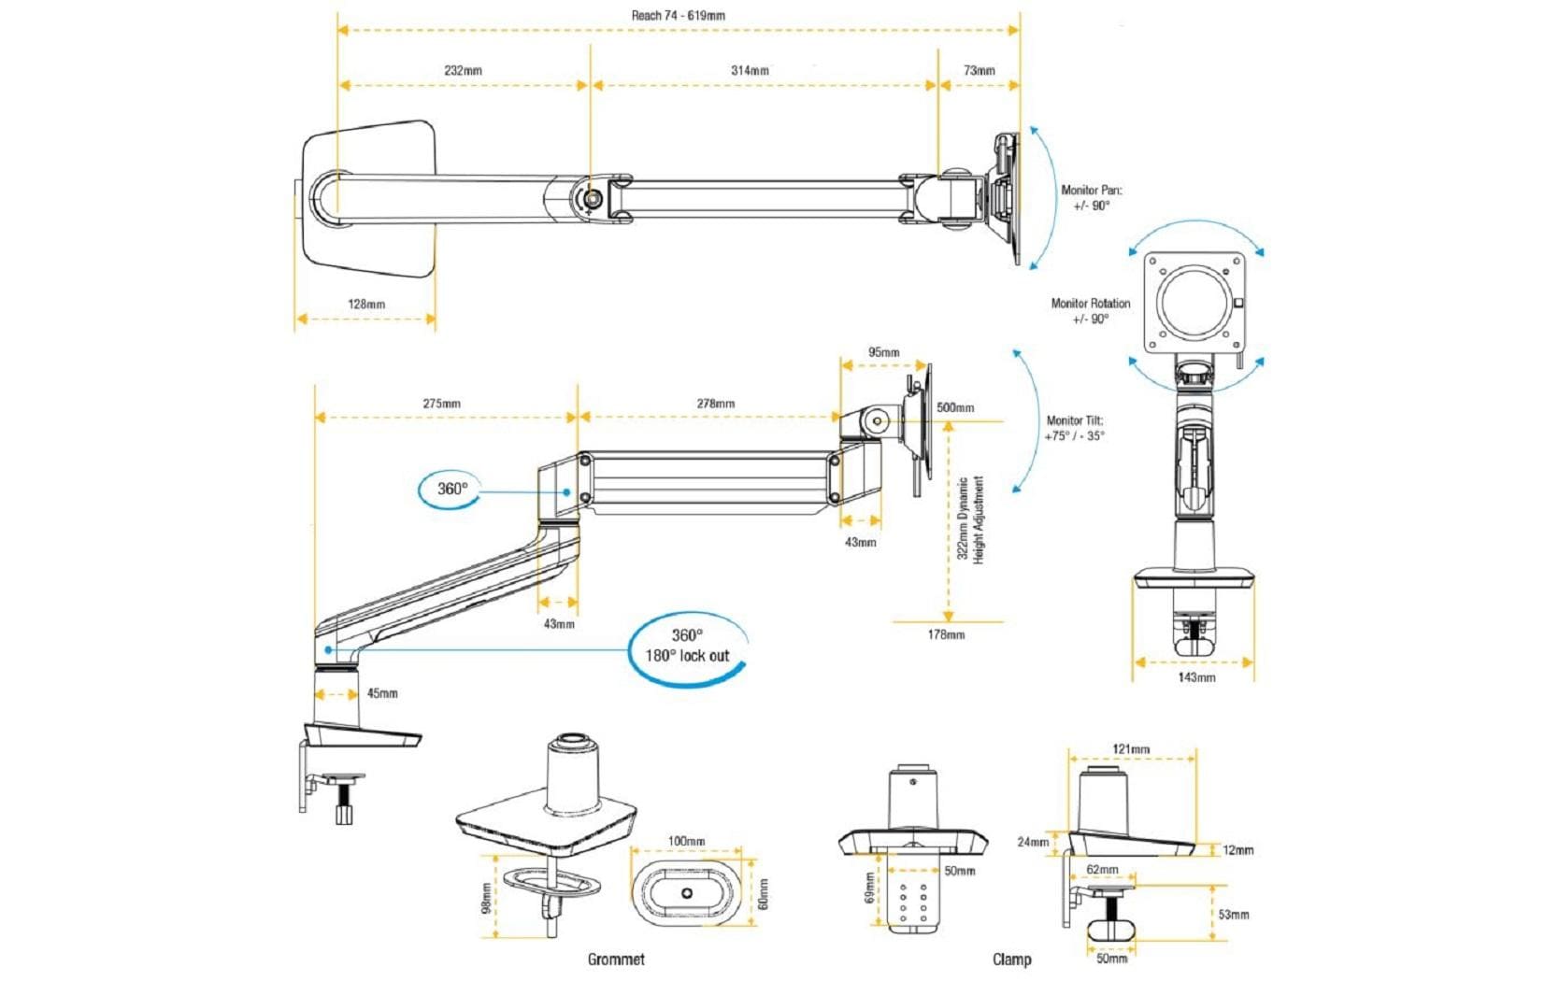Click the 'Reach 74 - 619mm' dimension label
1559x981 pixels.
tap(678, 15)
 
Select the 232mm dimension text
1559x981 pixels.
tap(463, 70)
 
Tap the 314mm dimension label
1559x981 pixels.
tap(750, 70)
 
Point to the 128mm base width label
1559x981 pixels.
tap(366, 304)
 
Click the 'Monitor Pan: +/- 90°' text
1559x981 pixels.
tap(1091, 197)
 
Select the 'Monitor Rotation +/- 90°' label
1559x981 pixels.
tap(1090, 310)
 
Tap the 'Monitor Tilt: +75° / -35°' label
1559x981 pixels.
tap(1075, 428)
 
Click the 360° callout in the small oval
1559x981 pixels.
tap(451, 489)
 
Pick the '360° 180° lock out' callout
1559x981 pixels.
tap(687, 646)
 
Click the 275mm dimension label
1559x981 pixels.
tap(441, 404)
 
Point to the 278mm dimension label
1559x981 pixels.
tap(715, 404)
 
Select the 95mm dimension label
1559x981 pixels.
tap(883, 352)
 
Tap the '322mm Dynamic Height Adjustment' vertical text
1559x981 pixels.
tap(971, 519)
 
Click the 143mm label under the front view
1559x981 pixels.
tap(1196, 676)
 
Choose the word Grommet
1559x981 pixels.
tap(616, 959)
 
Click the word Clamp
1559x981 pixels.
tap(1011, 959)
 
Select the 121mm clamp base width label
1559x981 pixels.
tap(1131, 748)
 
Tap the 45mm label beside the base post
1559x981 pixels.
tap(381, 693)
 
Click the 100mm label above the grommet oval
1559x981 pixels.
tap(686, 841)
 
